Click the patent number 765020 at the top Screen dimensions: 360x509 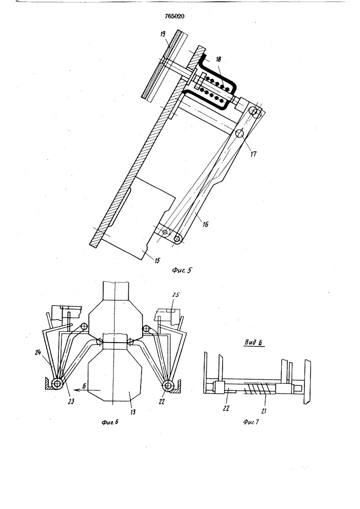tap(174, 16)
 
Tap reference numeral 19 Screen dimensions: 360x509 tap(163, 34)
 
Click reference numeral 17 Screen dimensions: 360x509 tap(253, 154)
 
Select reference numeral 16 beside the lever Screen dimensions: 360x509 tap(206, 224)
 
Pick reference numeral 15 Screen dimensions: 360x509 tap(157, 260)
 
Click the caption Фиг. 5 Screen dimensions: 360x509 tap(181, 270)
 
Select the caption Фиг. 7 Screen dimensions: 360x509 tap(252, 422)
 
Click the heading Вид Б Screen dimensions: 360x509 tap(254, 343)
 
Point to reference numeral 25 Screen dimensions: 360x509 tap(176, 295)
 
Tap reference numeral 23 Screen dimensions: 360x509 tap(71, 402)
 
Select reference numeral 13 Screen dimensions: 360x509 tap(132, 412)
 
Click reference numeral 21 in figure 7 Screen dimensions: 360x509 tap(264, 411)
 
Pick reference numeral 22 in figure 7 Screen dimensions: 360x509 tap(226, 408)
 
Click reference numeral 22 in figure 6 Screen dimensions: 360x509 tap(162, 402)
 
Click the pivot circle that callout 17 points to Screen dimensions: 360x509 tap(239, 133)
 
